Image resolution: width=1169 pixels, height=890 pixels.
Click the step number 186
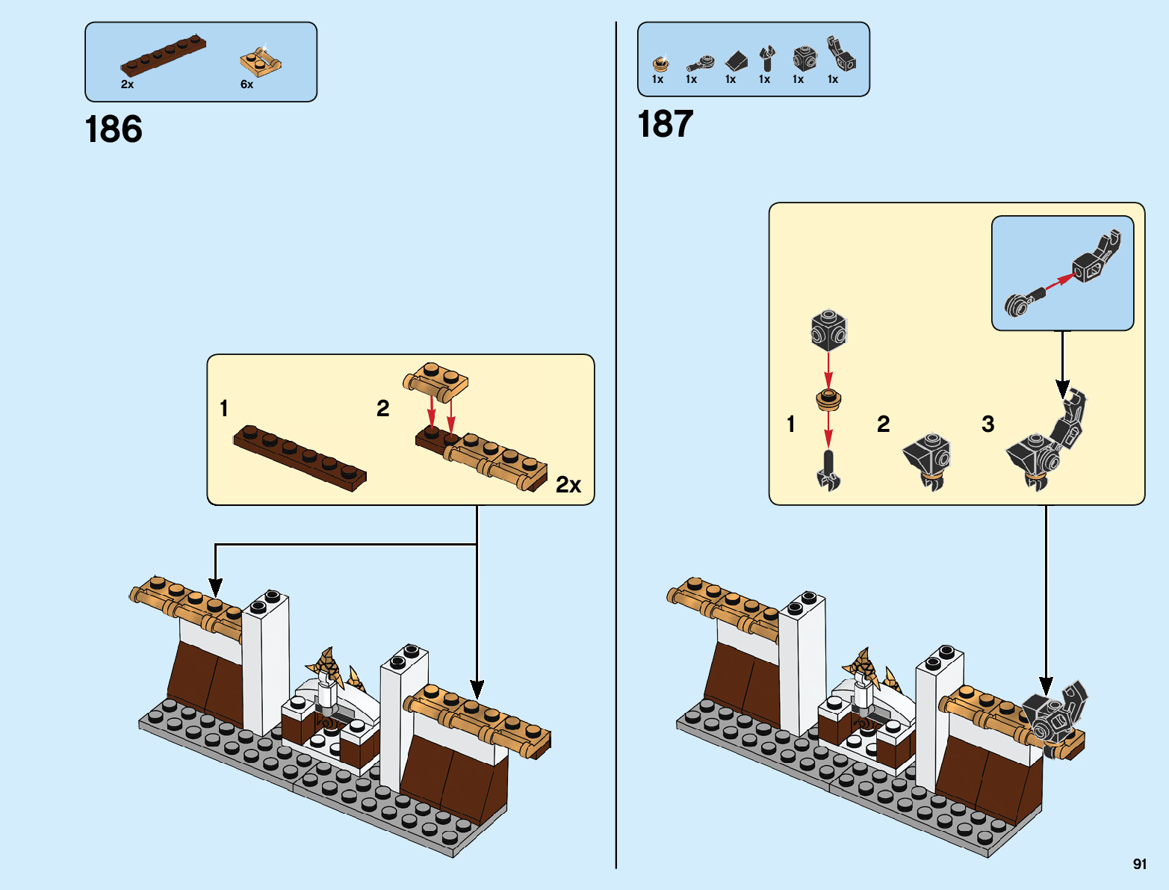click(114, 129)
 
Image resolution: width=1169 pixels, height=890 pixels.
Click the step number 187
click(665, 124)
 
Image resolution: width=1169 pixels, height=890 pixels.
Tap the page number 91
click(1139, 864)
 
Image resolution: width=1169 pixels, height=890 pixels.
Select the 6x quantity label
click(246, 84)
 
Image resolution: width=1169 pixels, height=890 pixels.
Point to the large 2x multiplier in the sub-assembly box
click(568, 485)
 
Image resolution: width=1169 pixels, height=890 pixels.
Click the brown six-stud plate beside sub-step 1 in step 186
click(300, 457)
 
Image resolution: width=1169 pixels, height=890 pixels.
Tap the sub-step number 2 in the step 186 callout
click(382, 408)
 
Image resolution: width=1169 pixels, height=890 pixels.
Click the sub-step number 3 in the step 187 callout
click(987, 424)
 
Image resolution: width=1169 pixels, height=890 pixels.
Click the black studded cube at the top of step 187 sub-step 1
click(828, 330)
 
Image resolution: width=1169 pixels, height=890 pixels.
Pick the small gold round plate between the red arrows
click(828, 399)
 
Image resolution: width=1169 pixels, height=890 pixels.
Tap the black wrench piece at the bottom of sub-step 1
click(828, 471)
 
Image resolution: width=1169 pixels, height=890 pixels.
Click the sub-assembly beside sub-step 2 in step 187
click(928, 460)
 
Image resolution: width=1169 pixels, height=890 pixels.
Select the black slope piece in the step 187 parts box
click(737, 61)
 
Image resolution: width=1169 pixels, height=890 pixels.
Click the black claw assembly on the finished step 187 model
click(1054, 717)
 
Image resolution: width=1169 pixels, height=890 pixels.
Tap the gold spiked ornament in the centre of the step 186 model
click(326, 665)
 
